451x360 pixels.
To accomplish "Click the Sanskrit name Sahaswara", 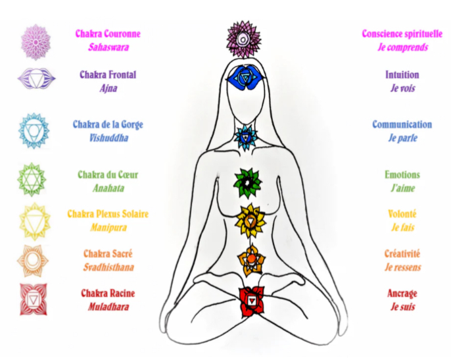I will (x=108, y=47).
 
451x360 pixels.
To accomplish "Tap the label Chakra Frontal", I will (x=108, y=75).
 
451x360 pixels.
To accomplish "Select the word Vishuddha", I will (x=108, y=138).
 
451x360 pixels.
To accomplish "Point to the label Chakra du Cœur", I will (x=108, y=175).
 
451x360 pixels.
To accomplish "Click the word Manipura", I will (x=108, y=228).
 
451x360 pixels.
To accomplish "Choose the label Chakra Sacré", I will (x=108, y=253).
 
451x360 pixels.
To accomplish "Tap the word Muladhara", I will (x=108, y=307).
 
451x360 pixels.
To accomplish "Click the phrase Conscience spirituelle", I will (x=402, y=34).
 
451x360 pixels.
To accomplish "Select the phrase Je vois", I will (x=402, y=88).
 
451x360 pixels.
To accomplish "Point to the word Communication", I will (x=402, y=124).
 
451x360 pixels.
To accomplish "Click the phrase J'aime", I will (x=402, y=188).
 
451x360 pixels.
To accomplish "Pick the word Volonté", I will (x=402, y=214).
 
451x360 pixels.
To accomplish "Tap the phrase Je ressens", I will (x=402, y=267).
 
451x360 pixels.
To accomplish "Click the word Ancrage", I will (x=402, y=294).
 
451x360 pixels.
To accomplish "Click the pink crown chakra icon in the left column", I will (x=34, y=41).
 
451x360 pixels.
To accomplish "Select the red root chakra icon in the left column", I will (x=33, y=299).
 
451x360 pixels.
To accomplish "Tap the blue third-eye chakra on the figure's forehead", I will (x=244, y=79).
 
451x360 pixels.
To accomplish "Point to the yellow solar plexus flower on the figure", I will (x=249, y=219).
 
